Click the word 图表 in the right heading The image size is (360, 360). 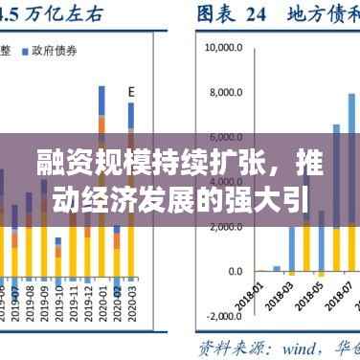(215, 14)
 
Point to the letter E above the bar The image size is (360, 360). (132, 92)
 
